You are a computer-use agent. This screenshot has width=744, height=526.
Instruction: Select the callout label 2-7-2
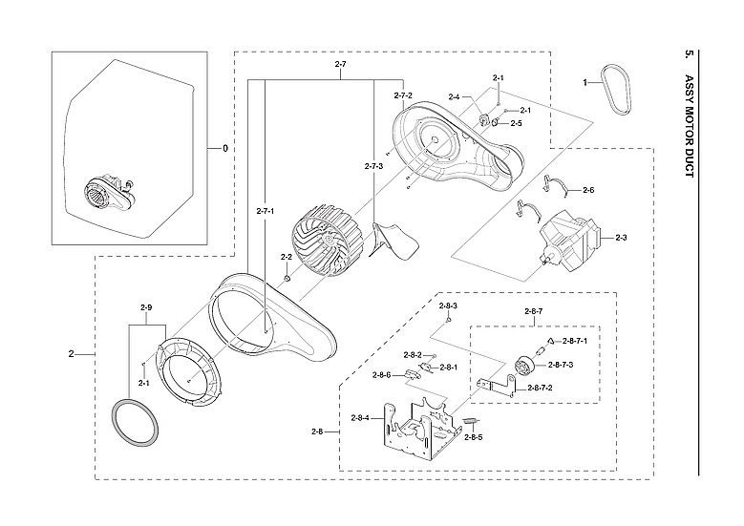[x=403, y=95]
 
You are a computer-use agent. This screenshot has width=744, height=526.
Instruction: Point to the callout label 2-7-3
[x=374, y=166]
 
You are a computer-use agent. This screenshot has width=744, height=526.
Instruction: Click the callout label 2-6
[x=588, y=191]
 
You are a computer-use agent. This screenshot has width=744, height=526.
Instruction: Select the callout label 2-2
[x=286, y=257]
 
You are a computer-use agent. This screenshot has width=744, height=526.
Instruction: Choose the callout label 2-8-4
[x=361, y=418]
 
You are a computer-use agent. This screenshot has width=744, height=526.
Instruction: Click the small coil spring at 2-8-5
[x=470, y=422]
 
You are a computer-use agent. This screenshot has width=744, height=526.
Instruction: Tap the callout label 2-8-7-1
[x=575, y=341]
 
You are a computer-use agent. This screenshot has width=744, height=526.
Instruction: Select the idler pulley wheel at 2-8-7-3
[x=524, y=366]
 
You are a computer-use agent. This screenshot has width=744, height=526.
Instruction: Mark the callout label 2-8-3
[x=449, y=305]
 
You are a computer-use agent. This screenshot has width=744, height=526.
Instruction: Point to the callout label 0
[x=225, y=148]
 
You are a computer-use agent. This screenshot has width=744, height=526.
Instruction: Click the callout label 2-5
[x=516, y=123]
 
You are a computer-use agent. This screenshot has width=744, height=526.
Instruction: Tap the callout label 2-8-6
[x=383, y=374]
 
